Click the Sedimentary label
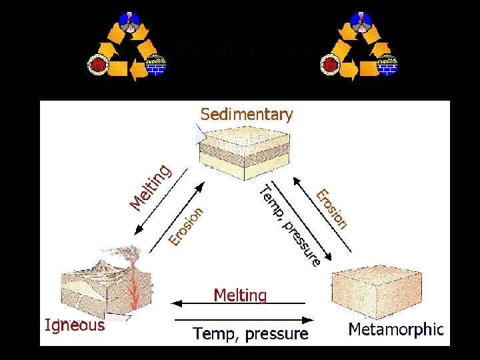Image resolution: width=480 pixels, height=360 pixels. pos(247,115)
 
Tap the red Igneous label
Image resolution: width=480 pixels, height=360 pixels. pos(75,325)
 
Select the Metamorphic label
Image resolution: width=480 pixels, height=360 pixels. pos(395,329)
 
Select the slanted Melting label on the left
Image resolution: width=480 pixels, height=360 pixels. pos(151,185)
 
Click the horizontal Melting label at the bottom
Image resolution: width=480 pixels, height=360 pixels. pos(240,295)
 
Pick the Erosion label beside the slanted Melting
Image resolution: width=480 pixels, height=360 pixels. pos(185,225)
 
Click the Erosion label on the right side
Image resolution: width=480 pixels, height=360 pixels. pos(332,209)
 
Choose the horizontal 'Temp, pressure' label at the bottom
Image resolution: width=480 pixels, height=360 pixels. pos(250,333)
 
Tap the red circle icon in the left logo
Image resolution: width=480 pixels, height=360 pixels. pos(98,65)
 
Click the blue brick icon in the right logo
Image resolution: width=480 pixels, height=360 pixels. pos(387,65)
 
